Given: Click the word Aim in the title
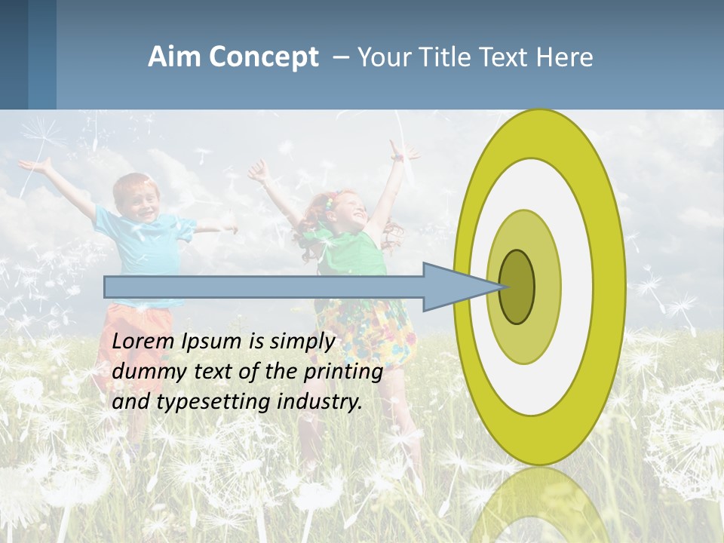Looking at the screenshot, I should click(x=174, y=57).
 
